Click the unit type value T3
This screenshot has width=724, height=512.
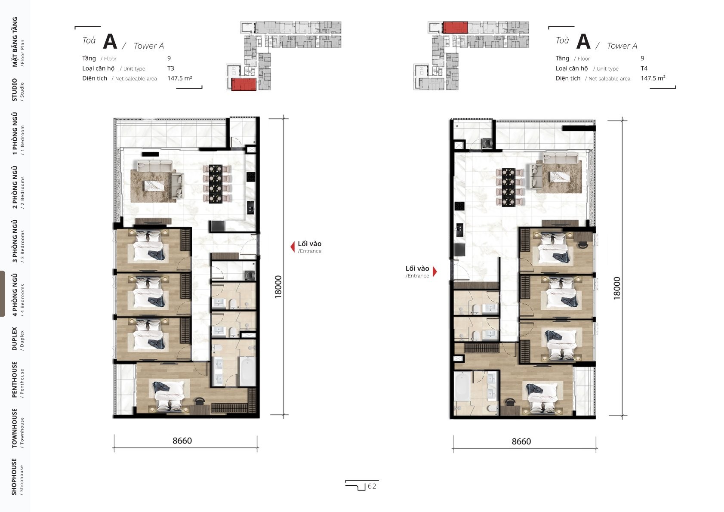[171, 68]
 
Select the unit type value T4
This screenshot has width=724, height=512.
[644, 68]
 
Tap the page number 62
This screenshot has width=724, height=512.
[372, 487]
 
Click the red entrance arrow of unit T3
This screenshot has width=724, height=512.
[293, 247]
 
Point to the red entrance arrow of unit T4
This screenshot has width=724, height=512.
[435, 271]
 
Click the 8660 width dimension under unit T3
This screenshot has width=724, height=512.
[182, 441]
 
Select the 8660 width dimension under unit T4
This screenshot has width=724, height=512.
[521, 441]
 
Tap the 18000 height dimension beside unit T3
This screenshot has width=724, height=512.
[278, 287]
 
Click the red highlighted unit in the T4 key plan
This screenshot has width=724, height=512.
[455, 28]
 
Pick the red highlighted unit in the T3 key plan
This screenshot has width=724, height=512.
[244, 84]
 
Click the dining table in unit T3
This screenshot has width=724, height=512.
[215, 184]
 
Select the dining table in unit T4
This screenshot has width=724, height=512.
[508, 187]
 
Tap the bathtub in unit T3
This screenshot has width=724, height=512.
[248, 371]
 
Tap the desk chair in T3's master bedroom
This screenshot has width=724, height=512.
[200, 401]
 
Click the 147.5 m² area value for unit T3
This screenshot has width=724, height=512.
[180, 78]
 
